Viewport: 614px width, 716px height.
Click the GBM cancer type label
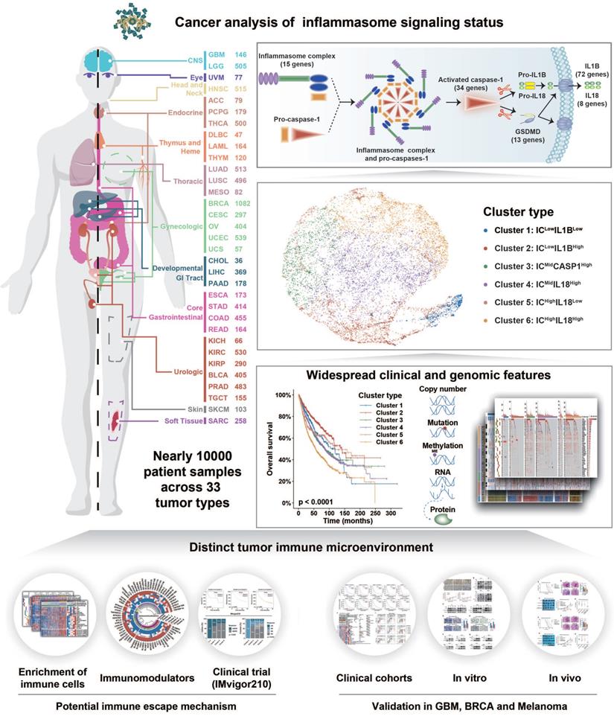click(218, 55)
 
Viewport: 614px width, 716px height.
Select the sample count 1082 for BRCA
click(240, 203)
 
